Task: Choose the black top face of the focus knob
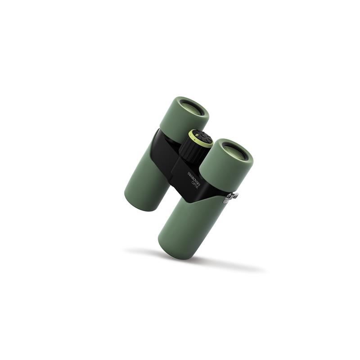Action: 201,137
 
